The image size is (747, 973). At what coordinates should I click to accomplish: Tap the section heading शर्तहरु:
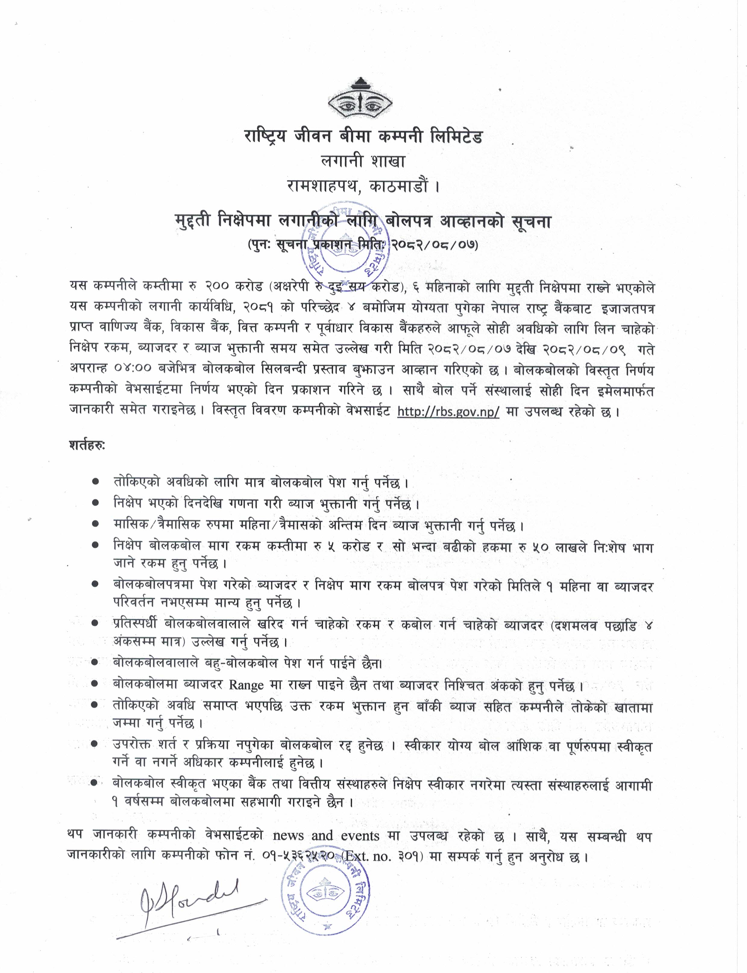pyautogui.click(x=87, y=445)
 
